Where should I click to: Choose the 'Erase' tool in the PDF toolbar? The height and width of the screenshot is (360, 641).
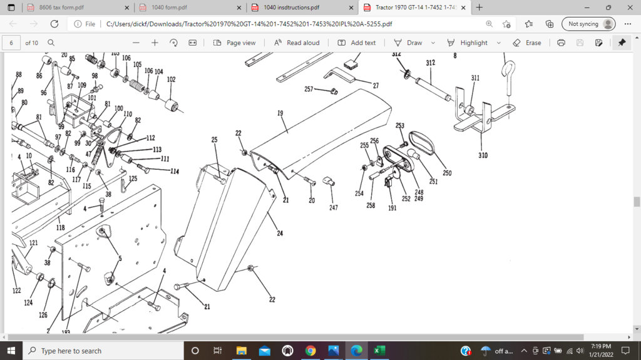527,43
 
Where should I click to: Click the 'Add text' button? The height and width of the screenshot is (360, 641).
357,43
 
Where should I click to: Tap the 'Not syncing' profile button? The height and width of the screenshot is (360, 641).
588,24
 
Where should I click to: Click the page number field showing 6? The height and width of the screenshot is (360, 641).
11,43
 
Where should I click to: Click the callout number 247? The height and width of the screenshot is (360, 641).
334,207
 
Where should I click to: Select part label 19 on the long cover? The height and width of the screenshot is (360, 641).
280,114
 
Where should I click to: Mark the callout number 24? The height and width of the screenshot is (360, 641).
280,234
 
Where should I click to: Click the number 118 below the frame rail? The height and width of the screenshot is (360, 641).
61,228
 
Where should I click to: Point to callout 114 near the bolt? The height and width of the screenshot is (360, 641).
173,172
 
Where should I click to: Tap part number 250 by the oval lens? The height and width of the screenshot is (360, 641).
447,173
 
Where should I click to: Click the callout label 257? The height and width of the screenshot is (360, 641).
309,90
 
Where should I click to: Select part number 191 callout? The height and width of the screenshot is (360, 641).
392,208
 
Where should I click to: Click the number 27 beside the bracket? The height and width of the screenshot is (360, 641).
376,86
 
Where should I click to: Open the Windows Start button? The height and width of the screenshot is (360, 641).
11,351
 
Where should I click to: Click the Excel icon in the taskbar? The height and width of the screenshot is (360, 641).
379,351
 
